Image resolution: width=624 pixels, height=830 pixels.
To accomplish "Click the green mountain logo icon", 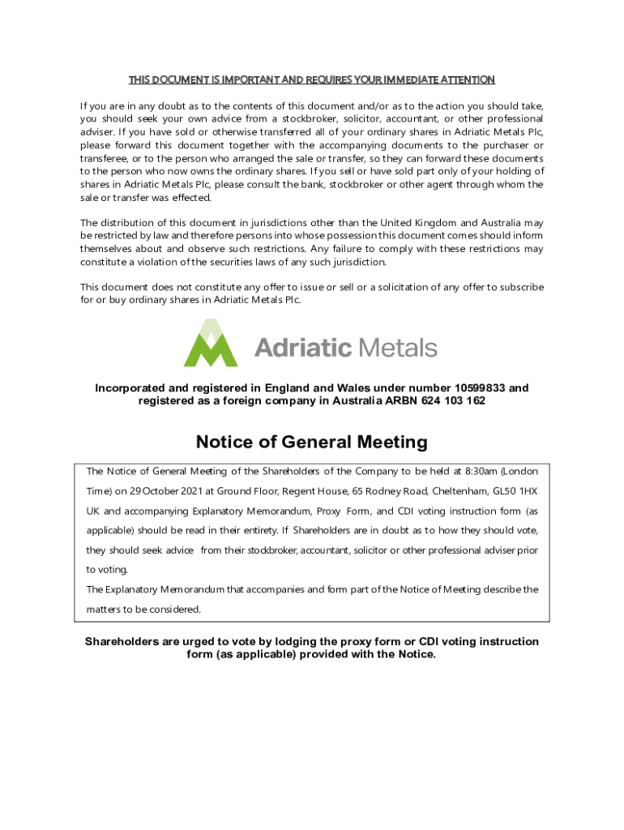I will pos(211,344).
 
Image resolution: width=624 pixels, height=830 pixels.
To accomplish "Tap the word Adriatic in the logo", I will pos(303,349).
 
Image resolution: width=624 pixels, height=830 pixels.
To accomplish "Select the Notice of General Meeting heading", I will pos(311,443).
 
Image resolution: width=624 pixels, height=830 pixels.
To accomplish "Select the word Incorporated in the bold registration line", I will pos(133,388).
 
